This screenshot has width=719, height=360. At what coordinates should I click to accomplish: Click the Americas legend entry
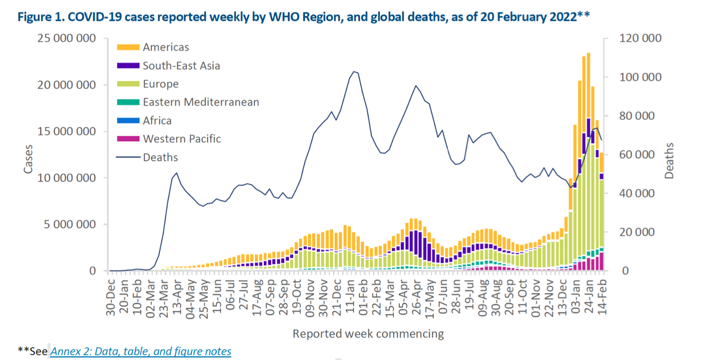click(x=166, y=48)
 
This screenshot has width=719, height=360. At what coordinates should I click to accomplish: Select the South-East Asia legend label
click(x=181, y=66)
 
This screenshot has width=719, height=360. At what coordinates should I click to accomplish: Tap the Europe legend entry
click(x=161, y=84)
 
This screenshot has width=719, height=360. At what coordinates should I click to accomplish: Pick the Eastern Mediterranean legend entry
click(x=201, y=103)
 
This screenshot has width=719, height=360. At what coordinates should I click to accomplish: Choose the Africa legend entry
click(x=157, y=121)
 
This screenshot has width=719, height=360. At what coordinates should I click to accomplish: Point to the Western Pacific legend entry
click(x=181, y=139)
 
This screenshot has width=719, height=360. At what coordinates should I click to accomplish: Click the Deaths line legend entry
click(x=160, y=158)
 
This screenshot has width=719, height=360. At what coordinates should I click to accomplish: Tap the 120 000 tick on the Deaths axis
click(x=638, y=39)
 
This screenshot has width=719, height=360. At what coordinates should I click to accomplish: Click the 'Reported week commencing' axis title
click(x=368, y=334)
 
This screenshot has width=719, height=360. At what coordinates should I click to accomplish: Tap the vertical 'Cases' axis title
click(x=29, y=159)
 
